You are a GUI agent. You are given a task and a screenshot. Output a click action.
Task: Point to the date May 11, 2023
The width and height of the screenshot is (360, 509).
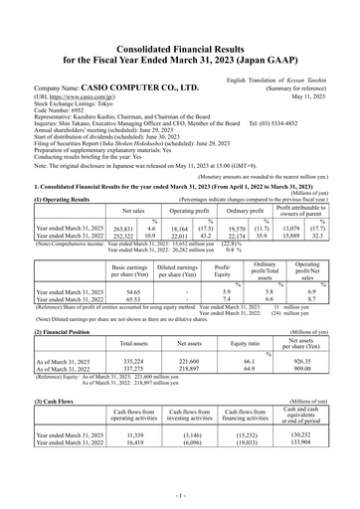point(328,70)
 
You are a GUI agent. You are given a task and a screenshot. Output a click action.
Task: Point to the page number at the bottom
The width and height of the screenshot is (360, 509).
point(180,494)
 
